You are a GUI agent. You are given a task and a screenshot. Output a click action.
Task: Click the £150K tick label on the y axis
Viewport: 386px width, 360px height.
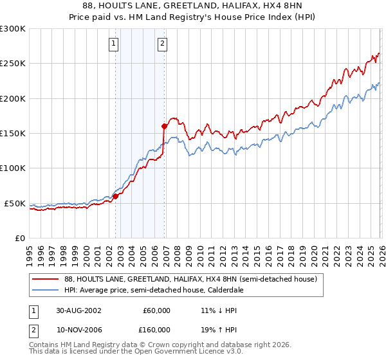13,133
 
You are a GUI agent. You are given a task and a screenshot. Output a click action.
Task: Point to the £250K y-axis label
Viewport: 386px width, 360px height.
13,64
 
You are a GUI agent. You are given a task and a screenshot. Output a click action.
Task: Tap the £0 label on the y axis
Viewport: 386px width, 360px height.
19,238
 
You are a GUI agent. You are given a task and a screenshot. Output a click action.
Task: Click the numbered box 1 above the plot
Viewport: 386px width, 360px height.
114,44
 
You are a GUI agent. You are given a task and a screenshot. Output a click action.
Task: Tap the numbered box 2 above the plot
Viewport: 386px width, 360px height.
161,44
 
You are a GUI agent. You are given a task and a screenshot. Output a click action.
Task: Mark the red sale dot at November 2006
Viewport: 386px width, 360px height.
164,126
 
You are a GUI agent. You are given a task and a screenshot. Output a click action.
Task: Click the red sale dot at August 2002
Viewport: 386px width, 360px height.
116,196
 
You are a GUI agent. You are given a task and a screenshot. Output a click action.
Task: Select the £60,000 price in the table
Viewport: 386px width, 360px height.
156,310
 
